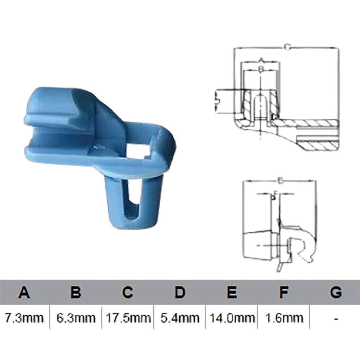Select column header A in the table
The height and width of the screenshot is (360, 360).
(24, 292)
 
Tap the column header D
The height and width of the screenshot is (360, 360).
(179, 292)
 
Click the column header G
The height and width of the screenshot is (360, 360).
(336, 292)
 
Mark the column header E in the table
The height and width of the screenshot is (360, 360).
(231, 292)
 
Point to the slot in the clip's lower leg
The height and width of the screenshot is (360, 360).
(131, 204)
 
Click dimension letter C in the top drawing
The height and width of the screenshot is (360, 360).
(287, 47)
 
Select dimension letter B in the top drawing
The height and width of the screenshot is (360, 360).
(261, 69)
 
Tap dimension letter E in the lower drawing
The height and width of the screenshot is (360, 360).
(279, 181)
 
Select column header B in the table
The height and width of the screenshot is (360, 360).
(76, 292)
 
